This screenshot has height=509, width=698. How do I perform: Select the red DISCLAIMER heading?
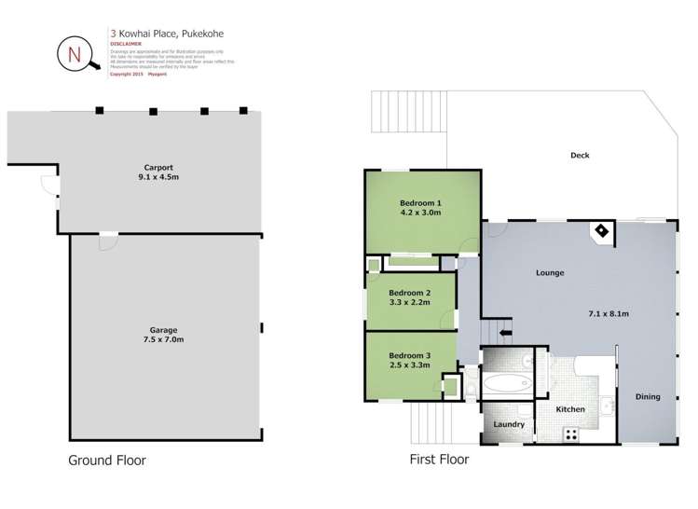pos(126,44)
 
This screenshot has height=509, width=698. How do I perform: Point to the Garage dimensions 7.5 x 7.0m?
pos(163,339)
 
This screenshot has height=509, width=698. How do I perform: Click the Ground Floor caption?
pos(107,460)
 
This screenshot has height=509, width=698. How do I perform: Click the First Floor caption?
pos(439,460)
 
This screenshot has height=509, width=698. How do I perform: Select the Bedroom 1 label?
pos(420,202)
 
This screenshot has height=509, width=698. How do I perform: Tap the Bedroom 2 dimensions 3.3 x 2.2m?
pos(409,302)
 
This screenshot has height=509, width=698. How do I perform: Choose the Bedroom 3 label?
pos(409,355)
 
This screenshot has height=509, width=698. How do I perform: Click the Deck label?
pos(580,156)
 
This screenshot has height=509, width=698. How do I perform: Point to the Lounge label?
pos(550,272)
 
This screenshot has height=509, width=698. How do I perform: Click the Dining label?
pos(648,396)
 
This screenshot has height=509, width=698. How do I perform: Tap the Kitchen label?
pos(570,409)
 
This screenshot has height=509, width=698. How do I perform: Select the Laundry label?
pos(509,424)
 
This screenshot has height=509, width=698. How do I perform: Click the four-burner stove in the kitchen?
pos(570,433)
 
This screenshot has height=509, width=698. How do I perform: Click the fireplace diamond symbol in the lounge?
pos(601,231)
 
